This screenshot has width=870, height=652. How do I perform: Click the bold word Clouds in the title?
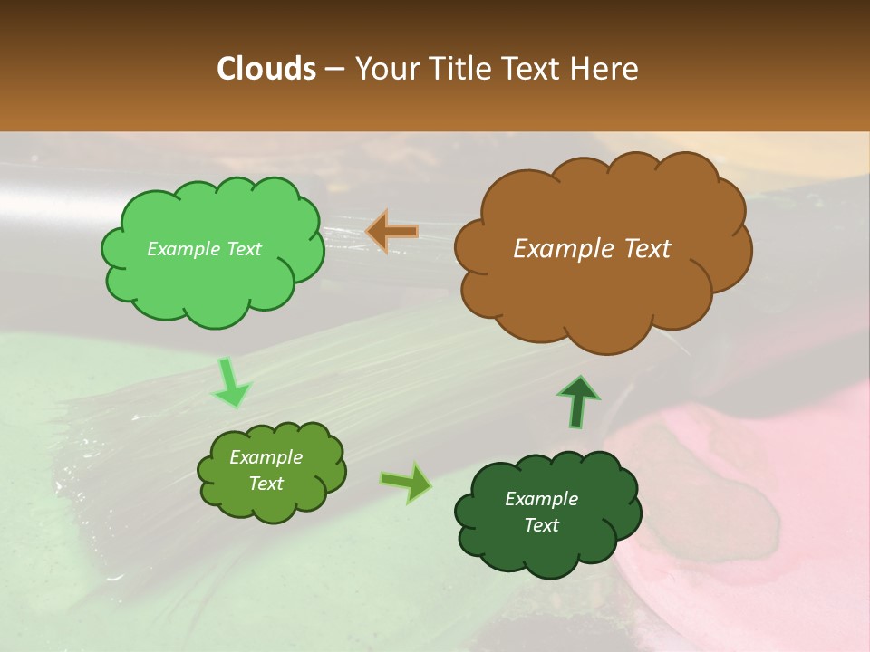(266, 69)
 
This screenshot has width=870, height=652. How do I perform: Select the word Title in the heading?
(459, 69)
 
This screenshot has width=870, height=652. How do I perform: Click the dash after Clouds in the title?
(334, 70)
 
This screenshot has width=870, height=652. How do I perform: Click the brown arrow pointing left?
(391, 232)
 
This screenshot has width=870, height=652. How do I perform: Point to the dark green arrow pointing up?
(577, 401)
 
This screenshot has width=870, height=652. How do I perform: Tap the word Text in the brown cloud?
(647, 249)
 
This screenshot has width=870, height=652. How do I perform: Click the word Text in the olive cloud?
(266, 484)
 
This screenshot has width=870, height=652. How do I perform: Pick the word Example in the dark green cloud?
(541, 499)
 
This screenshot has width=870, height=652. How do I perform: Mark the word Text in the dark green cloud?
(541, 525)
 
